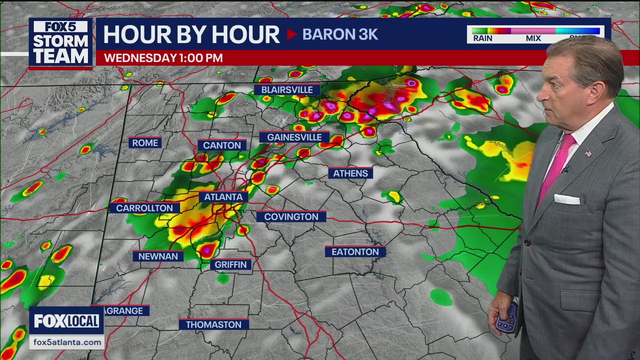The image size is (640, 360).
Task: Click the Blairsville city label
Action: coord(287,90)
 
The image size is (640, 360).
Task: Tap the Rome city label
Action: coord(145,143)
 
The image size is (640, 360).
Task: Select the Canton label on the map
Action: coord(222,145)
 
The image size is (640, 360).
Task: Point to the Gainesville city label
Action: coord(294,137)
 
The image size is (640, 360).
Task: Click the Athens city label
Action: coord(350,173)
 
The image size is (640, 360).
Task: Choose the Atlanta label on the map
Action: coord(223,197)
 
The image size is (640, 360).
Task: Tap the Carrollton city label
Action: coord(144,208)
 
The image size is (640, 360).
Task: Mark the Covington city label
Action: coord(291,216)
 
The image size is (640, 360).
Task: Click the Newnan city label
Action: coord(158,256)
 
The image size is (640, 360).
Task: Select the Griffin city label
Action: coord(230,264)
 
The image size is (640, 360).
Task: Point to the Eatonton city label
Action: coord(355,252)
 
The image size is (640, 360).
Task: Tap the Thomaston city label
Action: coord(213,324)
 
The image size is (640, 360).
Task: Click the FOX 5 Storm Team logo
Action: coord(60,43)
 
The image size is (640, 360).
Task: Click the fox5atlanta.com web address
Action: coord(66,342)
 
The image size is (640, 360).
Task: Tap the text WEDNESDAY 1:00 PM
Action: coord(163,58)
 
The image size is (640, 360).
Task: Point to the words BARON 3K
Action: coord(340,34)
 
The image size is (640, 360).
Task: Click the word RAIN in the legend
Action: coord(482,38)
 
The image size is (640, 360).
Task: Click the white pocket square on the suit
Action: coord(566,199)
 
